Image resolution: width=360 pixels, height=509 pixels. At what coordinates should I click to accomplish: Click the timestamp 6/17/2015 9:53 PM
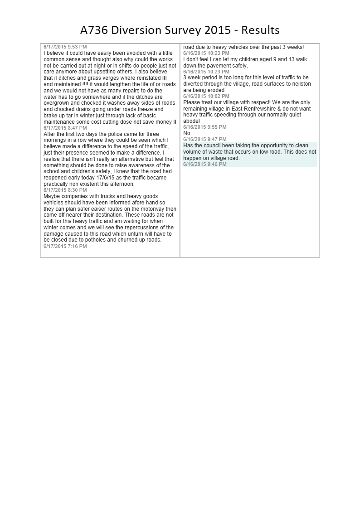(65, 47)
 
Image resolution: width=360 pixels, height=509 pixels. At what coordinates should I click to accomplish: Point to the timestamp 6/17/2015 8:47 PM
(65, 128)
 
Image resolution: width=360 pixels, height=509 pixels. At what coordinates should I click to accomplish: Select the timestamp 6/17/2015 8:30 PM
(65, 190)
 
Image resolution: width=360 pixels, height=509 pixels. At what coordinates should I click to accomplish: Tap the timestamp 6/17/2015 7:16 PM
(65, 246)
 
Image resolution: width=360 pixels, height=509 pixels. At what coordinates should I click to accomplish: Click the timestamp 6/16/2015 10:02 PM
(206, 96)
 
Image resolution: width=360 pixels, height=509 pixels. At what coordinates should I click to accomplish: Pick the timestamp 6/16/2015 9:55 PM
(205, 127)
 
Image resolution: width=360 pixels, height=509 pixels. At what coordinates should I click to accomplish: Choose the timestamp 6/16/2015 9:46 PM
(205, 165)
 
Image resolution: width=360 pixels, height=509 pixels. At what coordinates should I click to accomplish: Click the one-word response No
(187, 133)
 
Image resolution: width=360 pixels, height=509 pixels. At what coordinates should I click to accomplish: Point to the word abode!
(192, 121)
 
